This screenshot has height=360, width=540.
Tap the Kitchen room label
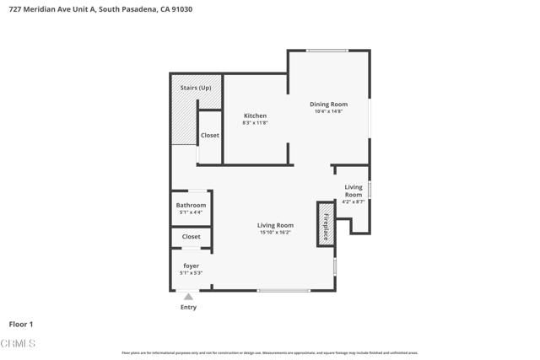[x=255, y=116]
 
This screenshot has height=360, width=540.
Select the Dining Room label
[x=329, y=104]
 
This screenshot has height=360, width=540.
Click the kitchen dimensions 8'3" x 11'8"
[x=255, y=123]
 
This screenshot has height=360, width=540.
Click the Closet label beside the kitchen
[x=210, y=135]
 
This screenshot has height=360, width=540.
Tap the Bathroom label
[x=191, y=205]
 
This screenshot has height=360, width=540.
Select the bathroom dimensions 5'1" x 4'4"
[x=191, y=212]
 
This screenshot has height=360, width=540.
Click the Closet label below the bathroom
[x=192, y=237]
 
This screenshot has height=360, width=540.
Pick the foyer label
[x=191, y=266]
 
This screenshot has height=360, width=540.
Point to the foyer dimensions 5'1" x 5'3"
[x=191, y=273]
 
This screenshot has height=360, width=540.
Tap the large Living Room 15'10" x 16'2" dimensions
[x=275, y=233]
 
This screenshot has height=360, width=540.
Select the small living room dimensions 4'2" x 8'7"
[x=354, y=202]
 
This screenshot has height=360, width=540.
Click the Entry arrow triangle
[x=188, y=296]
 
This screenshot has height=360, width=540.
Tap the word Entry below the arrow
[x=188, y=307]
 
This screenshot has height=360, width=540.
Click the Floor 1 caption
[x=20, y=324]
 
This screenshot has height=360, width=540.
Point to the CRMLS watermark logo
[x=19, y=344]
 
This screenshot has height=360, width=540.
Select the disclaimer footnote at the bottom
[x=269, y=353]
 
